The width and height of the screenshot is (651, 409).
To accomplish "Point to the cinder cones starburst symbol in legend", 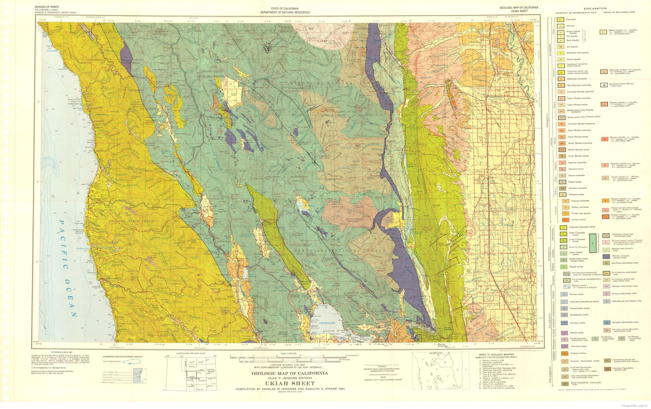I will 609,85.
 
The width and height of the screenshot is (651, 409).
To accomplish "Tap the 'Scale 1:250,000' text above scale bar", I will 289,353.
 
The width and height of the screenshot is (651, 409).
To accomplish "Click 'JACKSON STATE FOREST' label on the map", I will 133,221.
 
